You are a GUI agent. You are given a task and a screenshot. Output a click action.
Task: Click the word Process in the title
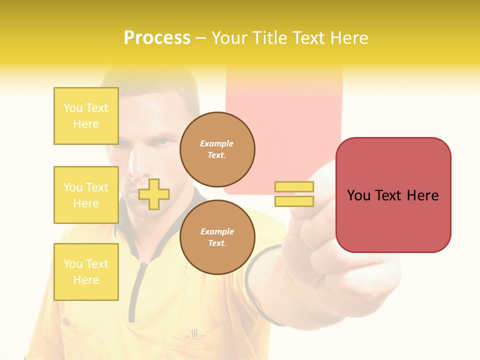click(157, 38)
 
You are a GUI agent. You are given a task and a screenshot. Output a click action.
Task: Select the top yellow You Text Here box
click(86, 116)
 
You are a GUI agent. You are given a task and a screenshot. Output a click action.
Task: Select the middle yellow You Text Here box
click(86, 195)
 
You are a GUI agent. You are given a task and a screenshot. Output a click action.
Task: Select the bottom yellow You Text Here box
click(86, 271)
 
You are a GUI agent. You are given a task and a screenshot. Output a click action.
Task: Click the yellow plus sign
click(154, 194)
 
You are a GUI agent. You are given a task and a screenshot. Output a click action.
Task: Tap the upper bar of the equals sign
click(294, 186)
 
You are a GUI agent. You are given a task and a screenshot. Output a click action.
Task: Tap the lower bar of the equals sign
click(294, 201)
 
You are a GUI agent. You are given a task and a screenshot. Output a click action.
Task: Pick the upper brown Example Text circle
click(217, 149)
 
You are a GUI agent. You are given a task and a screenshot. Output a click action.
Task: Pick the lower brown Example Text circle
click(217, 237)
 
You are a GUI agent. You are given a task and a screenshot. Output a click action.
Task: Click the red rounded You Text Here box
click(393, 195)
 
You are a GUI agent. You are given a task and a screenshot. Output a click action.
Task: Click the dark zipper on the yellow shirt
click(134, 290)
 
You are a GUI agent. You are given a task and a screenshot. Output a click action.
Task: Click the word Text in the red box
click(393, 195)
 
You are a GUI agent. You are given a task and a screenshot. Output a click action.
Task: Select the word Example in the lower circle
click(217, 231)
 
